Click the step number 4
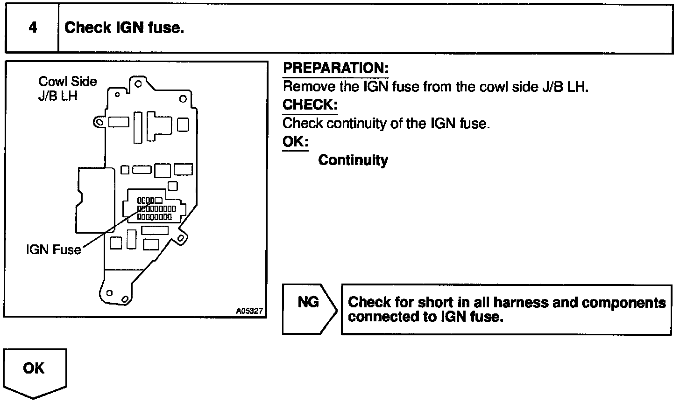[x=32, y=28]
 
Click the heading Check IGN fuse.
[x=124, y=28]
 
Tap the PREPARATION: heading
[x=336, y=68]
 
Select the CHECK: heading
[x=310, y=105]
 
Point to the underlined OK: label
[x=295, y=141]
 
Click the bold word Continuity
[x=353, y=160]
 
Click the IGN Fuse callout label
[x=53, y=250]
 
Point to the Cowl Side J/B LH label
[x=67, y=89]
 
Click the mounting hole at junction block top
[x=138, y=85]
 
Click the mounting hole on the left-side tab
[x=99, y=122]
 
